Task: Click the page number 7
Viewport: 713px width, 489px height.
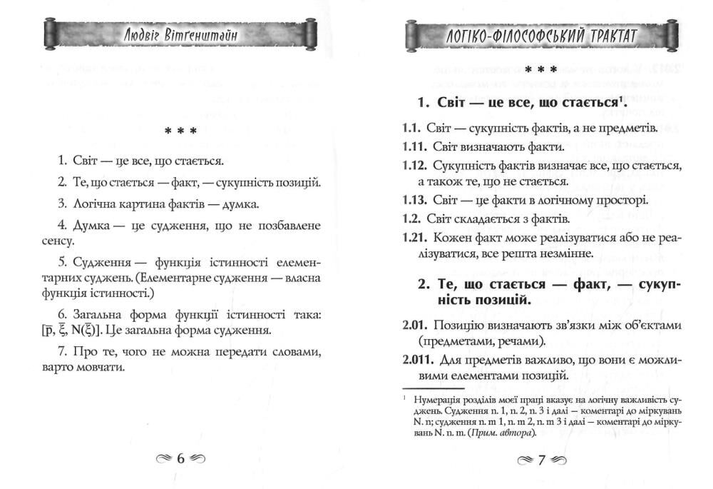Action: coord(541,460)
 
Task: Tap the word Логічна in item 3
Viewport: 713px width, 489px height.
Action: coord(96,205)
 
